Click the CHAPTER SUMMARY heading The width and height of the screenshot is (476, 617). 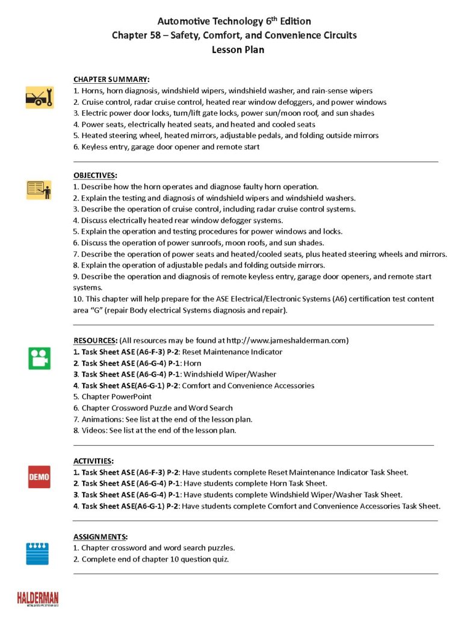111,80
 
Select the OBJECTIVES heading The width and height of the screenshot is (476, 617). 95,175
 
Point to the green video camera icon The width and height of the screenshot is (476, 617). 39,358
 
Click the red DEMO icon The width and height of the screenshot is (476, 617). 39,477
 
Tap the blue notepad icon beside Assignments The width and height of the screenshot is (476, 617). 37,553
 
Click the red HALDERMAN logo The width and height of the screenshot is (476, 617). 37,598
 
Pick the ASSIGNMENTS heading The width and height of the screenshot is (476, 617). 100,536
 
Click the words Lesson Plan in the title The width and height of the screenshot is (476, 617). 238,49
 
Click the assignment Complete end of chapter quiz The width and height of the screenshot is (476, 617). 155,559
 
